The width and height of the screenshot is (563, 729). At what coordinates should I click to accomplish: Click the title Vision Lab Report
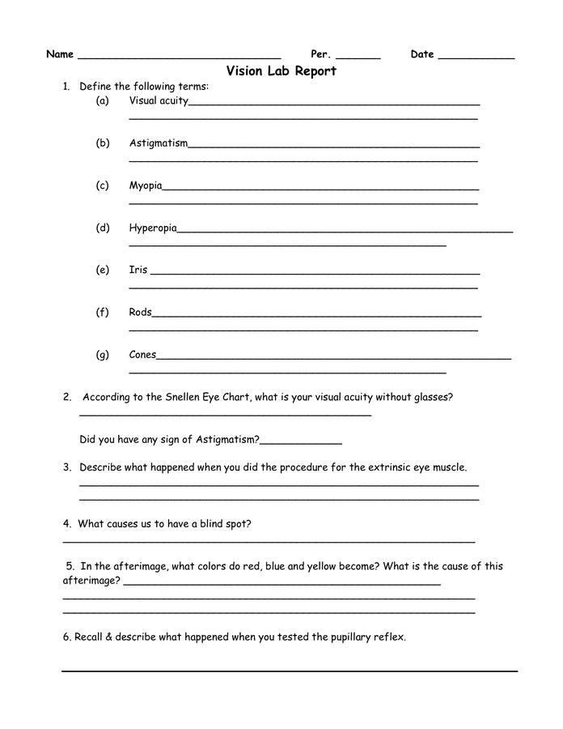tap(281, 71)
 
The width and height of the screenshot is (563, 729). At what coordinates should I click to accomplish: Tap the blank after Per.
tap(358, 57)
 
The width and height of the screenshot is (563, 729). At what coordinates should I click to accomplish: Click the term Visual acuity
tap(159, 101)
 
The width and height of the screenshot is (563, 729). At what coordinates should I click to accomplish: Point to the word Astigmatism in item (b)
tap(159, 143)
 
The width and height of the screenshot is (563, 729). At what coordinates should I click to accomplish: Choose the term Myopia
tap(146, 185)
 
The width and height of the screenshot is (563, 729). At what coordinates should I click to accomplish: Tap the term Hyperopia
tap(153, 228)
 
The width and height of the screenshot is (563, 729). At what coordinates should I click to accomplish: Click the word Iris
tap(138, 270)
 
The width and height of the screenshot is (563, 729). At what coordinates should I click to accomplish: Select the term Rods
tap(140, 312)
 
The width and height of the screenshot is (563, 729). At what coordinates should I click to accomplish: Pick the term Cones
tap(143, 355)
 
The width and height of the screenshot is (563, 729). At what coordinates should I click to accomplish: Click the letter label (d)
tap(102, 228)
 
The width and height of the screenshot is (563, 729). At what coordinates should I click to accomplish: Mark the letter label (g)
tap(102, 355)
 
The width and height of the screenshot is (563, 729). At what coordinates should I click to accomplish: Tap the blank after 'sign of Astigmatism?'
tap(301, 441)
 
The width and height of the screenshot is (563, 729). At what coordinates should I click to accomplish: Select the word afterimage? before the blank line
tap(92, 581)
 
